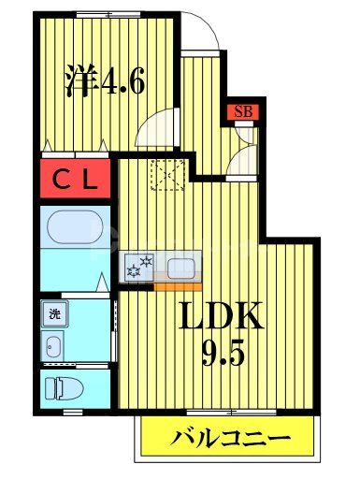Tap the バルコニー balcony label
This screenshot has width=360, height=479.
tap(228, 438)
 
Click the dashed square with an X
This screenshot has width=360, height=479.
tap(168, 174)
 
